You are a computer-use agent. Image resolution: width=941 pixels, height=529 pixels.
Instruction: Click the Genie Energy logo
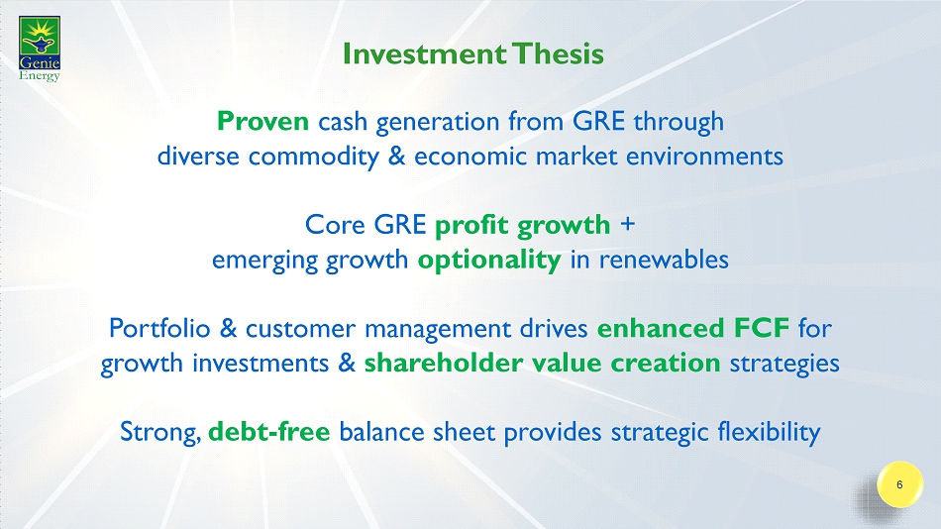[x=40, y=49]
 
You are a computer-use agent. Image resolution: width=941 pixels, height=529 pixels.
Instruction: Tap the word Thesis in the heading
[x=558, y=54]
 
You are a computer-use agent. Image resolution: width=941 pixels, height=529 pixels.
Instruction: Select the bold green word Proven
[x=262, y=121]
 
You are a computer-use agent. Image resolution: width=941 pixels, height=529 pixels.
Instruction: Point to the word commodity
[x=314, y=157]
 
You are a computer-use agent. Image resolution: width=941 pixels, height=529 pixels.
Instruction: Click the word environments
[x=704, y=157]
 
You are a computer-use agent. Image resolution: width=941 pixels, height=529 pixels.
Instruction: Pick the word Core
[x=335, y=225]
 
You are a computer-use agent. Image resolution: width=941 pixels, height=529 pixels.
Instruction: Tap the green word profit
[x=471, y=226]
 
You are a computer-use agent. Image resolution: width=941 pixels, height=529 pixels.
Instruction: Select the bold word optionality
[x=489, y=260]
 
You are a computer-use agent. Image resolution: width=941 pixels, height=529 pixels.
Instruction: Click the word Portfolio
[x=159, y=329]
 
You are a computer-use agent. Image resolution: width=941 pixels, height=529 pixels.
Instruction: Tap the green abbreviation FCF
[x=761, y=329]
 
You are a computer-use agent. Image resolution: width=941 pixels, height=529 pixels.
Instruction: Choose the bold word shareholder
[x=444, y=364]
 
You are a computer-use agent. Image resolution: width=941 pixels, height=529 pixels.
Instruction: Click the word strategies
[x=784, y=364]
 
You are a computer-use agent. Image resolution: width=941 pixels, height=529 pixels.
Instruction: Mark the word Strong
[x=160, y=432]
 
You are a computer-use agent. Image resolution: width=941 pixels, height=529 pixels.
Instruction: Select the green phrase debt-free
[x=268, y=432]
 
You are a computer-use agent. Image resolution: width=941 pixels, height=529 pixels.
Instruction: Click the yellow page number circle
[x=899, y=484]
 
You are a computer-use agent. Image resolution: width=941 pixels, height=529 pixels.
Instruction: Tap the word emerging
[x=264, y=261]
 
